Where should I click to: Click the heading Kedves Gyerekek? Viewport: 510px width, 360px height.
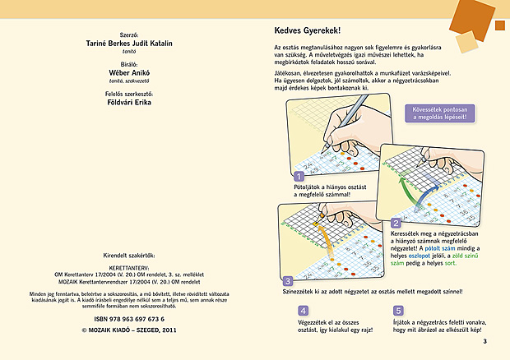pos(306,30)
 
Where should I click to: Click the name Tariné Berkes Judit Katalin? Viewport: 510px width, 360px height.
pos(128,43)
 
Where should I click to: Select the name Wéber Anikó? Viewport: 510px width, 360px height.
pos(128,72)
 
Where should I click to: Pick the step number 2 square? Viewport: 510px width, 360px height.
pos(396,223)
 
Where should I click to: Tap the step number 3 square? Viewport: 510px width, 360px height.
pos(287,280)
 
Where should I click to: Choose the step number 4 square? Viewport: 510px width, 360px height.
pos(304,311)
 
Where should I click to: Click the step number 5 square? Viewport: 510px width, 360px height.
pos(398,311)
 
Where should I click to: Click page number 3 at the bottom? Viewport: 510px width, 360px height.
pos(485,341)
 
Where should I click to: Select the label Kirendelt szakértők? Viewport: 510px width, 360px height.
pos(128,255)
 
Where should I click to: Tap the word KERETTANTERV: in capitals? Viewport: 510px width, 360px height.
pos(128,267)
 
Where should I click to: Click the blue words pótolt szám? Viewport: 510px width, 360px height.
pos(435,247)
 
